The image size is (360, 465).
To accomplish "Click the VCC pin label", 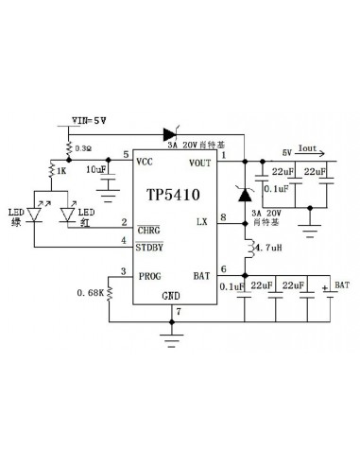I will pos(146,162).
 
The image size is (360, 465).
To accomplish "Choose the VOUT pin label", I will pos(200,164).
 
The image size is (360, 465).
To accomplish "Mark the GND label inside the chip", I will pos(171,296).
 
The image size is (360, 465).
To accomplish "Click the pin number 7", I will pos(190,311).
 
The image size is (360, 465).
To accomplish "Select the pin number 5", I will pos(127,155).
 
